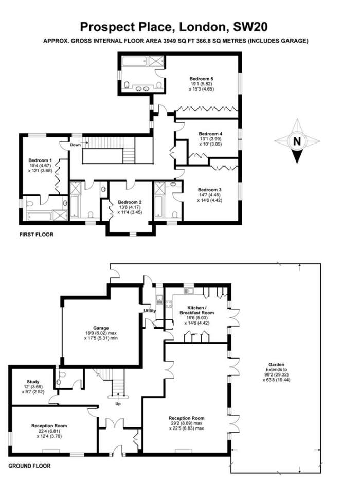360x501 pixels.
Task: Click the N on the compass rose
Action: (x=297, y=141)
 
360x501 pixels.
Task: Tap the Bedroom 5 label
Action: (x=201, y=79)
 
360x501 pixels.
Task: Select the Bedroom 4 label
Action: (x=210, y=134)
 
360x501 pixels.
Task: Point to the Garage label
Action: (x=101, y=328)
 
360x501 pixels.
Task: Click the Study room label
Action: (x=33, y=382)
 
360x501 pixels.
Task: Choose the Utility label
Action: (x=150, y=311)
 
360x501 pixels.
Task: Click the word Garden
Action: (x=276, y=364)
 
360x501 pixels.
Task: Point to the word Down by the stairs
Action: (x=76, y=145)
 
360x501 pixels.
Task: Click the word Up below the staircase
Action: (x=118, y=404)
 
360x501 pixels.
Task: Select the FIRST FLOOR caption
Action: (x=37, y=235)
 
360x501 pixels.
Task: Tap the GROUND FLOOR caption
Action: (x=29, y=466)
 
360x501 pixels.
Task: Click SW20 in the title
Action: (x=250, y=27)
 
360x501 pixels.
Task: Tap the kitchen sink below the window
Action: (x=188, y=291)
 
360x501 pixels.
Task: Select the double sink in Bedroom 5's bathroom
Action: (x=143, y=89)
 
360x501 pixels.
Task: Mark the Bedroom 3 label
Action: (x=209, y=190)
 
